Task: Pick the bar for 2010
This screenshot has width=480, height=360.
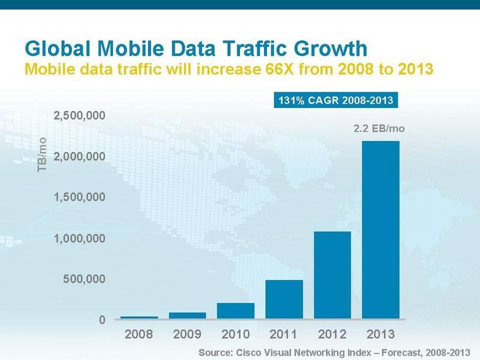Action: (235, 310)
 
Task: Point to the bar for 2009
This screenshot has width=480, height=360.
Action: (187, 315)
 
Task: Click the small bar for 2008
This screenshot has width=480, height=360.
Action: (139, 317)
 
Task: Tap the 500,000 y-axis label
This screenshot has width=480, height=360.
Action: (85, 279)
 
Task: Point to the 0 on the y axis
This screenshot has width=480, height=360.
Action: (103, 320)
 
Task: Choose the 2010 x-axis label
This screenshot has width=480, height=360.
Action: (235, 334)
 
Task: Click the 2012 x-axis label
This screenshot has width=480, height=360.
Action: (332, 334)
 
